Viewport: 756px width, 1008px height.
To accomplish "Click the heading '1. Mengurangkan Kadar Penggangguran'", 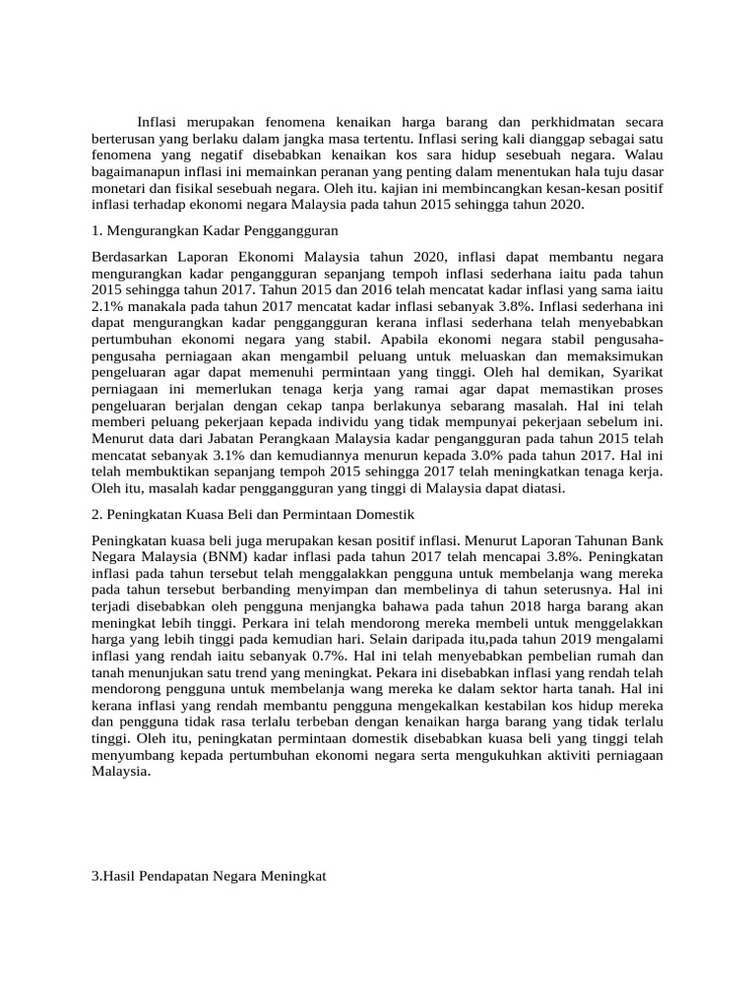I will [x=214, y=230].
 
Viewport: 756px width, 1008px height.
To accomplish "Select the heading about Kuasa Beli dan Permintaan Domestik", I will [x=253, y=514].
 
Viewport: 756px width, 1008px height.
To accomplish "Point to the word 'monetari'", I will [x=120, y=188].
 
